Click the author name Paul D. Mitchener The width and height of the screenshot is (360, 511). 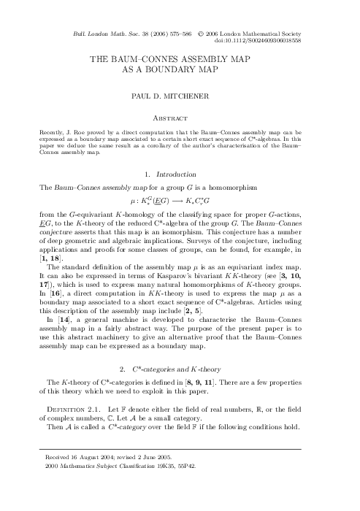click(180, 94)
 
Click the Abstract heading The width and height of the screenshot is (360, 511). click(180, 115)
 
